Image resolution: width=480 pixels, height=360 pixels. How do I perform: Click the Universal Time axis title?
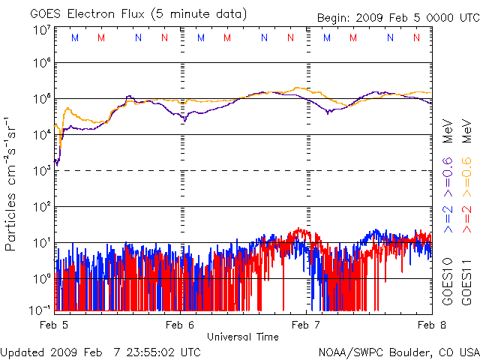pyautogui.click(x=244, y=336)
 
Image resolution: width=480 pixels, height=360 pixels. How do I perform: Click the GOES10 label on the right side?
pyautogui.click(x=448, y=280)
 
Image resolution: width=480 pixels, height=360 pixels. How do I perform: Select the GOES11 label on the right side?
pyautogui.click(x=466, y=280)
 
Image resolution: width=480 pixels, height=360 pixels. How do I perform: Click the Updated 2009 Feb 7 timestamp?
pyautogui.click(x=100, y=351)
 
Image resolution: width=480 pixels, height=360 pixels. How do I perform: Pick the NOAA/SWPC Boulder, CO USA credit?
pyautogui.click(x=398, y=351)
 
